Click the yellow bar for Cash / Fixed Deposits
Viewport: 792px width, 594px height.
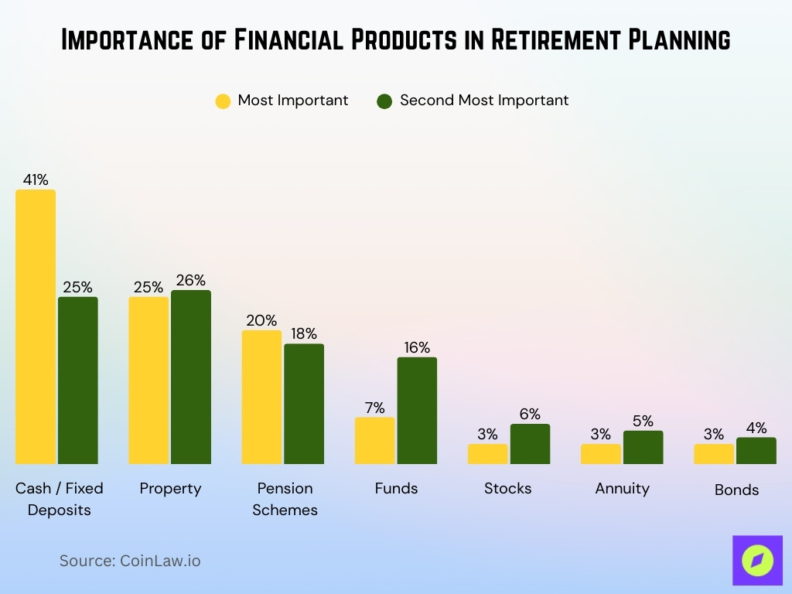(36, 326)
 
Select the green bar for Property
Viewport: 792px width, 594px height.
(191, 377)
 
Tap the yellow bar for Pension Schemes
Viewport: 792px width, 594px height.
(262, 397)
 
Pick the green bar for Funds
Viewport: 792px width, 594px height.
(417, 410)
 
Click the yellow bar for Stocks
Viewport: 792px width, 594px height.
(488, 454)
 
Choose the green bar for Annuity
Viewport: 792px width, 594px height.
(643, 447)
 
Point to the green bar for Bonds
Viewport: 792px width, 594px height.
(756, 451)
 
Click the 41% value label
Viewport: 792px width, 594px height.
(36, 179)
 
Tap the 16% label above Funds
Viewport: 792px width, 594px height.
(417, 347)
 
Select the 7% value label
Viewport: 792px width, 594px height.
(374, 408)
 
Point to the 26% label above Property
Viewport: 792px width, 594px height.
(191, 280)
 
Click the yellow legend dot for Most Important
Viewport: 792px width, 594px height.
(223, 101)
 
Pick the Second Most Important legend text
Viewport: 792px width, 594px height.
(484, 101)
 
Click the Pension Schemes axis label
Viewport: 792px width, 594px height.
(285, 499)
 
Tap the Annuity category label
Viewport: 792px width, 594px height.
(623, 488)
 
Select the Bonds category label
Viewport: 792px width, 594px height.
(736, 490)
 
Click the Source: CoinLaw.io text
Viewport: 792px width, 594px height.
(130, 561)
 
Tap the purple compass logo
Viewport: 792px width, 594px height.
(757, 561)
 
